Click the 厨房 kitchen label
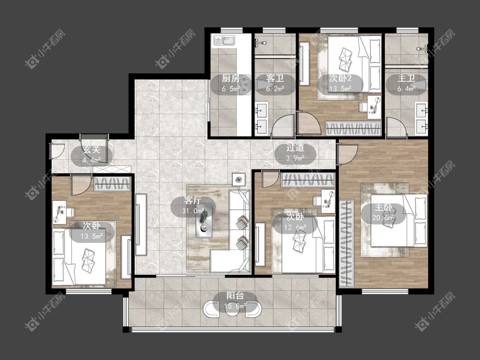click(231, 78)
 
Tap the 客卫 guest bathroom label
click(275, 78)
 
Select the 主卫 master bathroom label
click(406, 78)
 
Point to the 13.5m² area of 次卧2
click(340, 89)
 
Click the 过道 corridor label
click(295, 148)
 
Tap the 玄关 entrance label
click(92, 150)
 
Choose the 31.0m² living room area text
click(193, 211)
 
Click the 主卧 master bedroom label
click(383, 208)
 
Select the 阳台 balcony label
click(235, 296)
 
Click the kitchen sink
click(224, 41)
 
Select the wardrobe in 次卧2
click(353, 128)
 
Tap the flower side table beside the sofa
click(239, 179)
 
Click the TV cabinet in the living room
click(141, 224)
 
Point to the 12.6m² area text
click(295, 227)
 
